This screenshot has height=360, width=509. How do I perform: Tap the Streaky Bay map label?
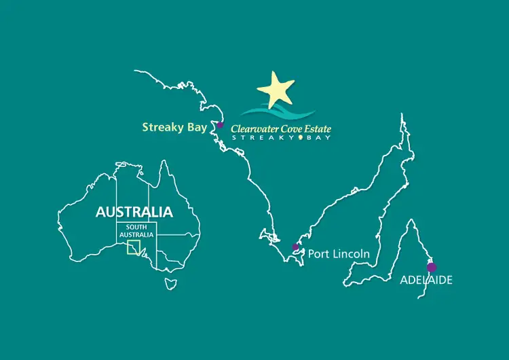(175, 126)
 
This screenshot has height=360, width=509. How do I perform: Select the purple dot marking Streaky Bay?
(220, 125)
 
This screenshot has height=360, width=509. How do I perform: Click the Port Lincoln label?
(339, 254)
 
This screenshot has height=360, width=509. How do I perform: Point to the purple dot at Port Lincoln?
(295, 247)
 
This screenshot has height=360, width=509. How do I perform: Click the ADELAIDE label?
(426, 280)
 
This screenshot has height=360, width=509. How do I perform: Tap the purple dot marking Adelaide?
(431, 268)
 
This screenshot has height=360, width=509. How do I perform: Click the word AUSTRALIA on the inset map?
(134, 211)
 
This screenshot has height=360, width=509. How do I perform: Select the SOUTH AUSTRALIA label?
(136, 231)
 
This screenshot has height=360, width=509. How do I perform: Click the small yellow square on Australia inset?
(134, 247)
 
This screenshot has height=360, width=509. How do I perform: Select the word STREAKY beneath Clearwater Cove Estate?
(265, 138)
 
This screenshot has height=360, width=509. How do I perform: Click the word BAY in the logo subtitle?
(317, 138)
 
